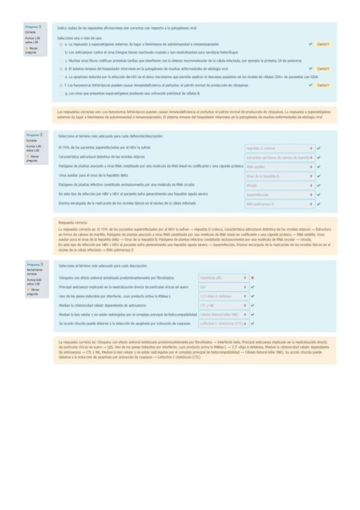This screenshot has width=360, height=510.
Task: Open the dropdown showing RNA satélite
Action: click(279, 167)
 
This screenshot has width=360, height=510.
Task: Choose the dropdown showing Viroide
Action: click(279, 186)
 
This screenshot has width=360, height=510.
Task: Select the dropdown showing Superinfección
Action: click(279, 195)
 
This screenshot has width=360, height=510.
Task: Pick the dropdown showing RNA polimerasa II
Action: click(279, 205)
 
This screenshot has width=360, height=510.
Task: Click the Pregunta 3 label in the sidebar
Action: click(33, 264)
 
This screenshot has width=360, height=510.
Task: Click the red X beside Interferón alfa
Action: click(253, 278)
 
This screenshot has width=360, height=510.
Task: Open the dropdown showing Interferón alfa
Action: click(223, 278)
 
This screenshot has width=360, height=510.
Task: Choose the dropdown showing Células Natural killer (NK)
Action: click(223, 314)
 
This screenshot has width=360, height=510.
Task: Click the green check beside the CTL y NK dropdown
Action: click(253, 305)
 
